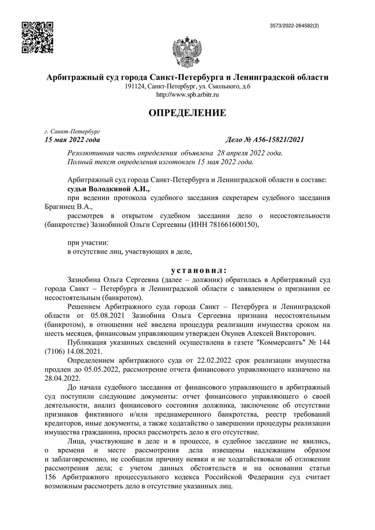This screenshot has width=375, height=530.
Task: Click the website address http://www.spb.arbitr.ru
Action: (x=187, y=95)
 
